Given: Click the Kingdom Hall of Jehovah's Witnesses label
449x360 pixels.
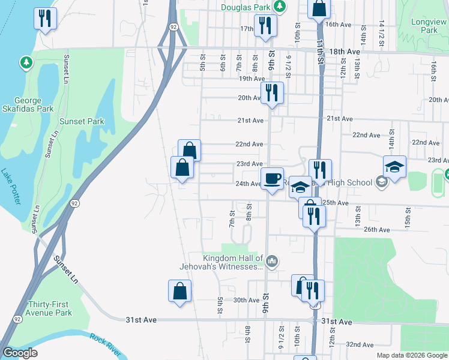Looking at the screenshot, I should [222, 262].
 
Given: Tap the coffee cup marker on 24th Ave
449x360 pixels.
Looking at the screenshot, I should [272, 178].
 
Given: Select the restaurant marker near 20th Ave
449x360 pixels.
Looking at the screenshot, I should [272, 92].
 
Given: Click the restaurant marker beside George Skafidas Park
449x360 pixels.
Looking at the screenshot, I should [44, 17].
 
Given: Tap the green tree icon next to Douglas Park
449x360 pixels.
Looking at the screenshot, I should [279, 7].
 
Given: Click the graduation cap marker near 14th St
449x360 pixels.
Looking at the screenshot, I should [394, 166].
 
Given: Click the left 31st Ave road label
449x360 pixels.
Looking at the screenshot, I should [141, 320].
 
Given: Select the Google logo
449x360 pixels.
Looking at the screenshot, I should [21, 353].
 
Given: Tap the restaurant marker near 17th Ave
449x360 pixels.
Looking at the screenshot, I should [264, 25].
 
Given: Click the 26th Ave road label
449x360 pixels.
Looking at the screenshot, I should [378, 229].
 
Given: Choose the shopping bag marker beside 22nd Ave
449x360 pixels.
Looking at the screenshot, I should [189, 149].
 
